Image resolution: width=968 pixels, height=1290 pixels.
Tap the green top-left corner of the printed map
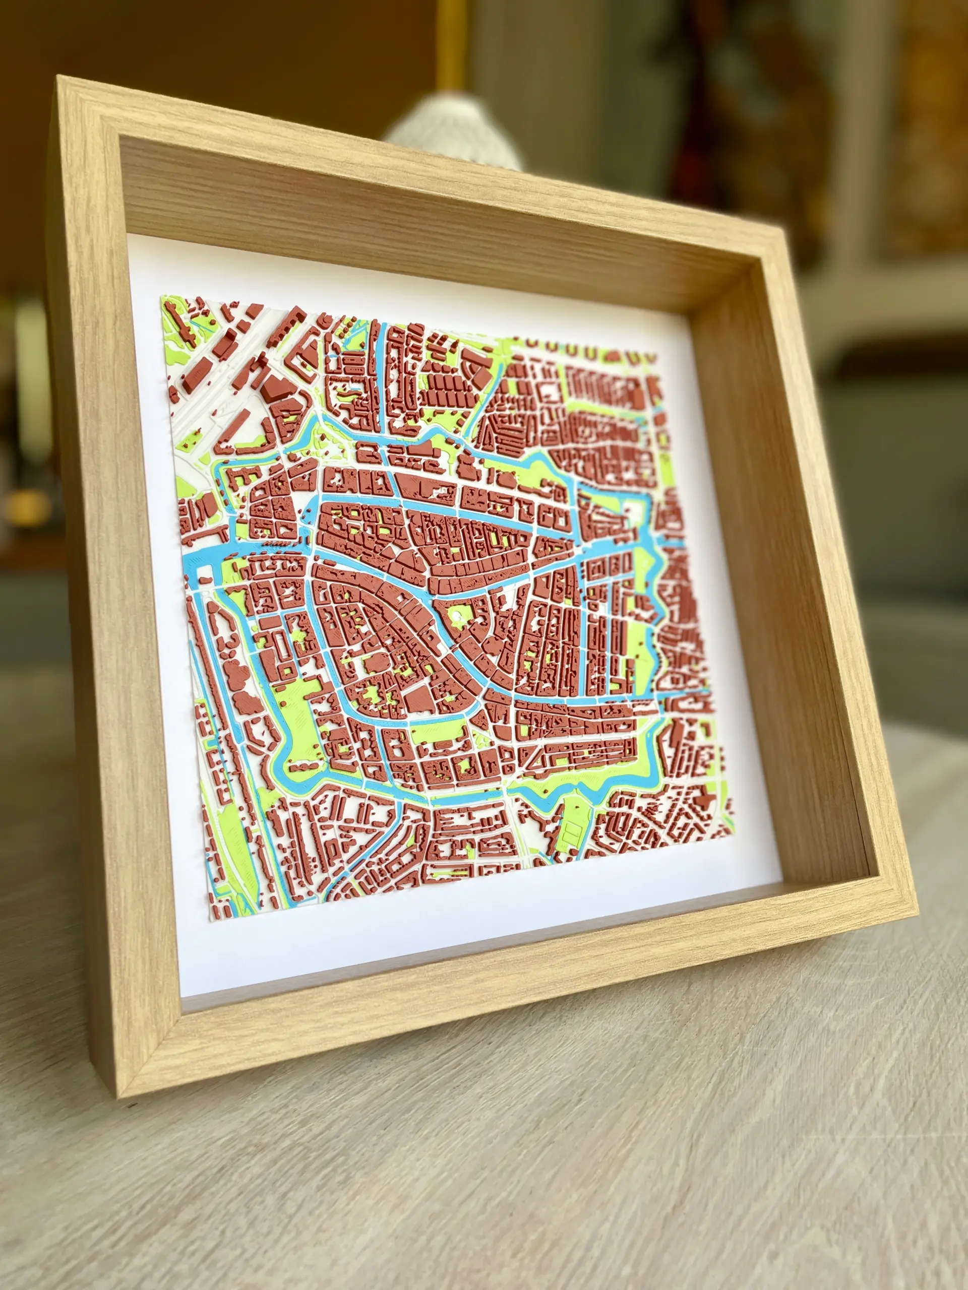(163, 297)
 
